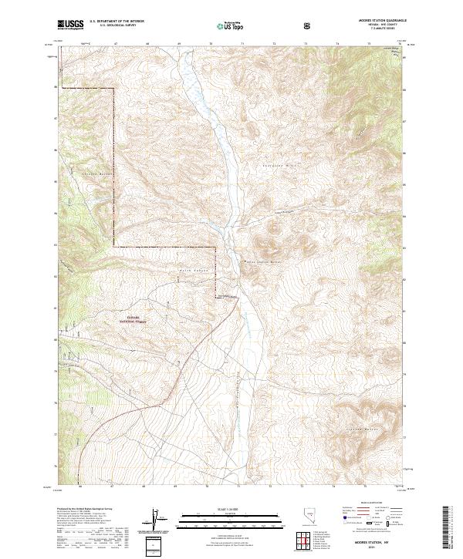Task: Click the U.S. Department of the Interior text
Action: tap(116, 22)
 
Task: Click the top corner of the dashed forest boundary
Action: tap(114, 89)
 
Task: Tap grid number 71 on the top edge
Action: tap(242, 45)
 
